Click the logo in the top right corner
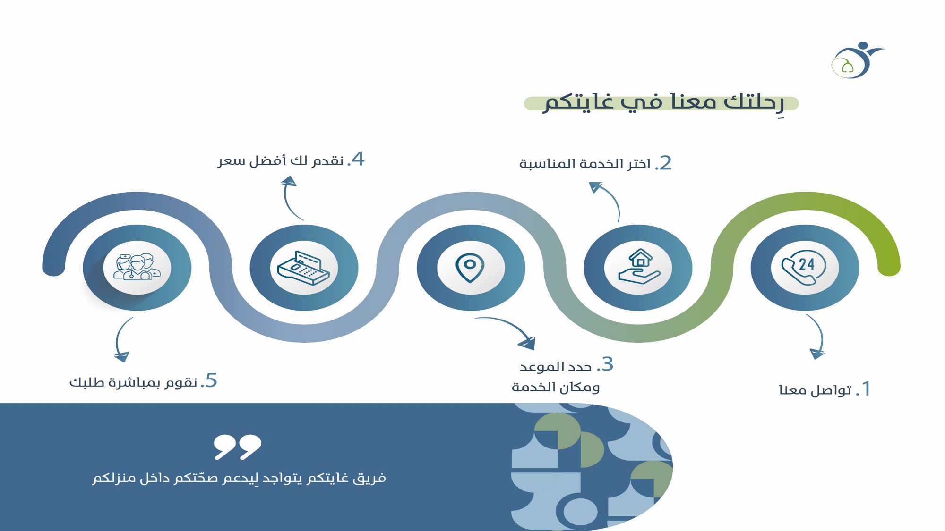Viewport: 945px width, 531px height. pyautogui.click(x=857, y=60)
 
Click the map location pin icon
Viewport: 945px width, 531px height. pyautogui.click(x=470, y=268)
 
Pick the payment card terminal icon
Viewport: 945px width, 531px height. pyautogui.click(x=303, y=268)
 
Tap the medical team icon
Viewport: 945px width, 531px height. pyautogui.click(x=137, y=267)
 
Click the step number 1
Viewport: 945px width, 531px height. pyautogui.click(x=866, y=389)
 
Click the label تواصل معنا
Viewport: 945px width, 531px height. pyautogui.click(x=815, y=390)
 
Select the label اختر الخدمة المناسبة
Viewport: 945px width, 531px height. pyautogui.click(x=585, y=164)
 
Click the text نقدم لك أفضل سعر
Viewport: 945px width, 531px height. pyautogui.click(x=281, y=160)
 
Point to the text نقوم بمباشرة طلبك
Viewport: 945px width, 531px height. pyautogui.click(x=133, y=382)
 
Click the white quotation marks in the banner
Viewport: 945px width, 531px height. pyautogui.click(x=237, y=447)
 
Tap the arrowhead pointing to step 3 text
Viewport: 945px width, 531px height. pyautogui.click(x=527, y=343)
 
